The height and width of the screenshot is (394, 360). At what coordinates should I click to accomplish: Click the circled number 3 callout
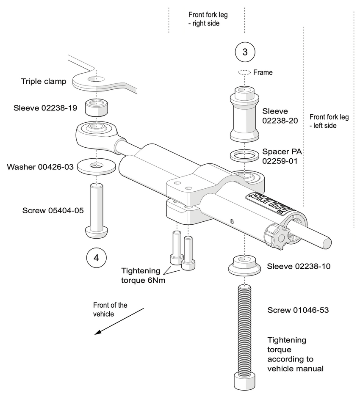244,52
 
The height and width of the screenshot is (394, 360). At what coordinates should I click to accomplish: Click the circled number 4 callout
96,257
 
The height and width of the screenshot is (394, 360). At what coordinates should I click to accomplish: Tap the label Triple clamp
44,81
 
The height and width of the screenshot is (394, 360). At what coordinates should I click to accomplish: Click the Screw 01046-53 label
298,310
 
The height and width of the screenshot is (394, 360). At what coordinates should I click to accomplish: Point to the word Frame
263,72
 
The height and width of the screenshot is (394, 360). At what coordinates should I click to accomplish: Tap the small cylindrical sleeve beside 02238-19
97,107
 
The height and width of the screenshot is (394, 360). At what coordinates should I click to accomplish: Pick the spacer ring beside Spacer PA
244,154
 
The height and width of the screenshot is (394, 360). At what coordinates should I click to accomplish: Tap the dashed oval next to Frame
244,72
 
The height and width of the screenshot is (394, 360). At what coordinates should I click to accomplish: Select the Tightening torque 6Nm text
141,275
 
